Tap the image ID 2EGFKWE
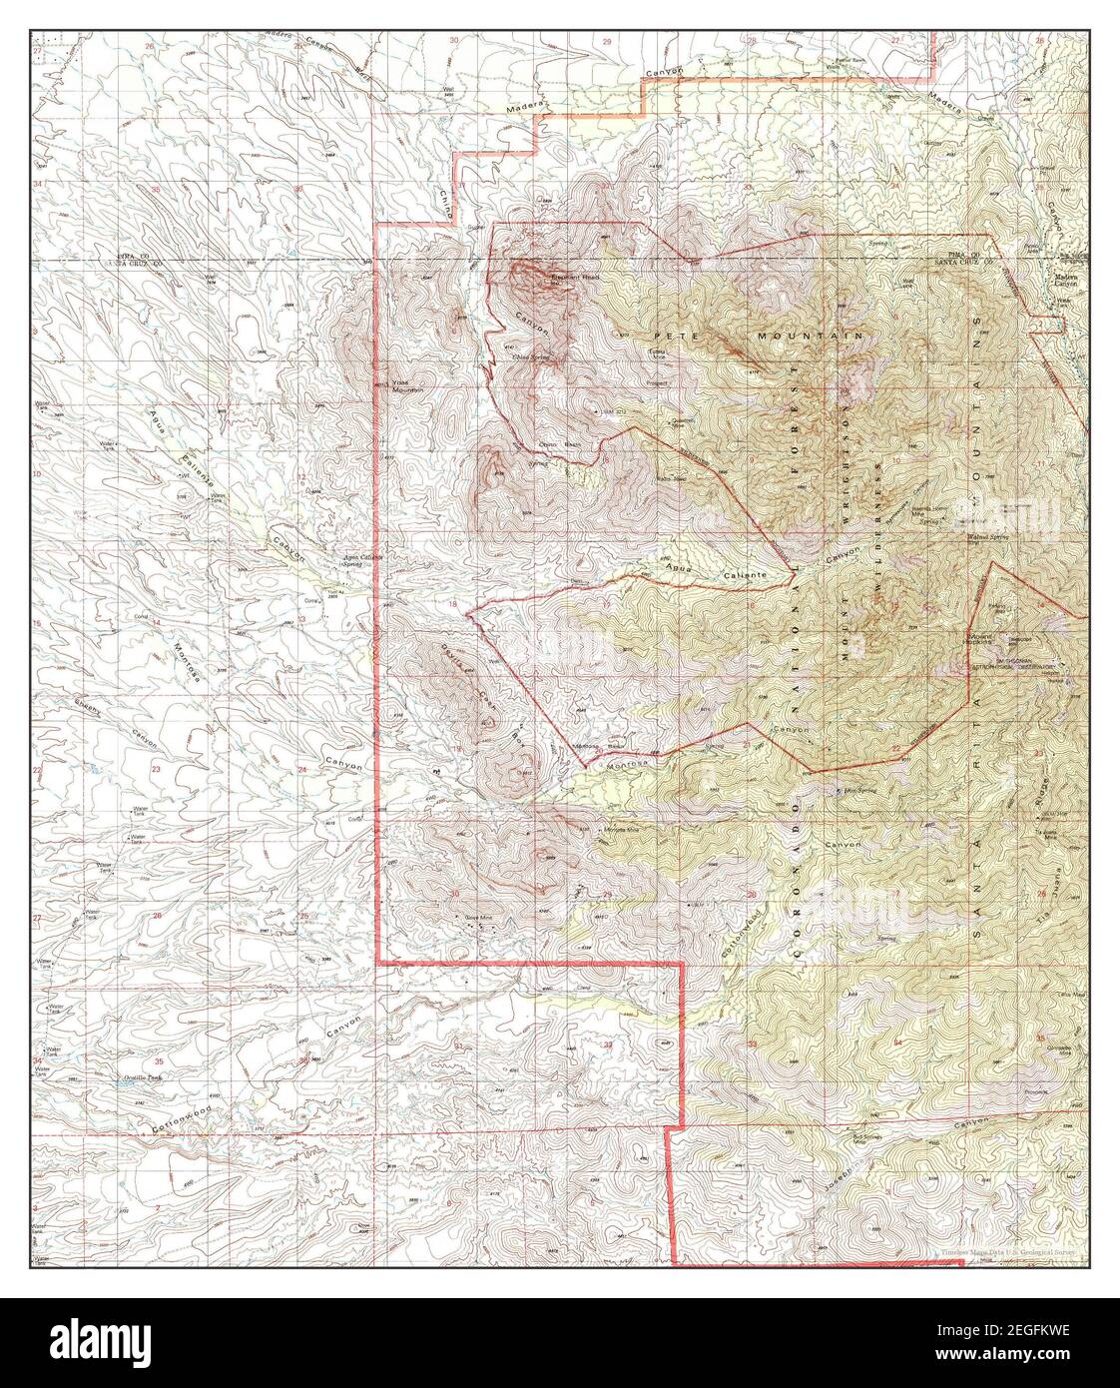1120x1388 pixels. tap(1004, 1331)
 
